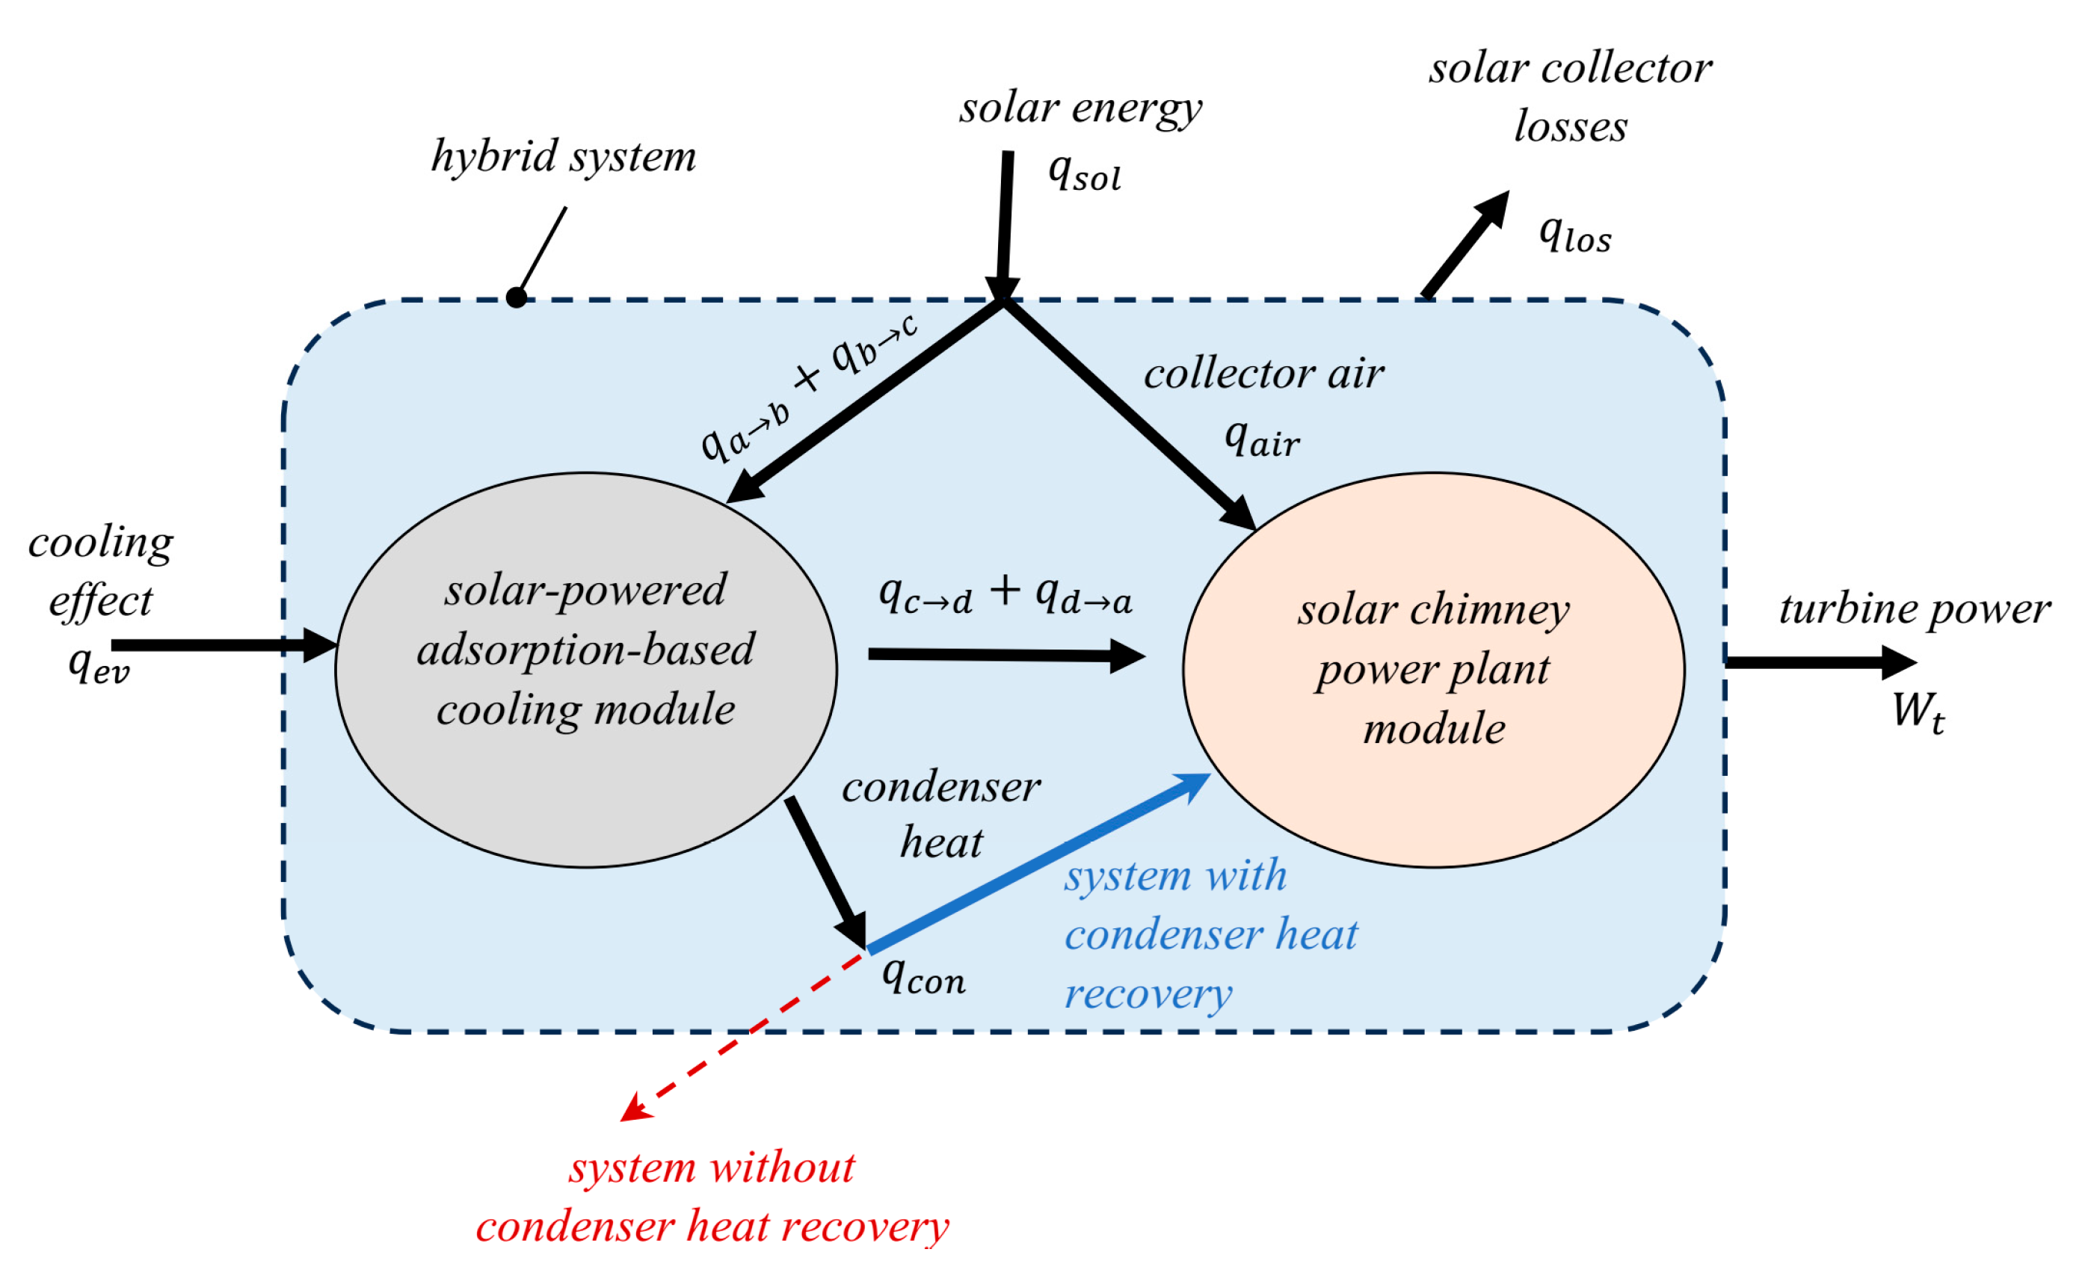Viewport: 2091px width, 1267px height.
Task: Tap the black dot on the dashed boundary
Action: coord(517,298)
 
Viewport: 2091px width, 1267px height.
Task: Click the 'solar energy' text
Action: coord(1080,109)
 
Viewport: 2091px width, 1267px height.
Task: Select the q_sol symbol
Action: coord(1084,173)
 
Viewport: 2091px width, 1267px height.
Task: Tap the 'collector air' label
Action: coord(1263,374)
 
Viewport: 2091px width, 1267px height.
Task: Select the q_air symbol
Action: coord(1261,440)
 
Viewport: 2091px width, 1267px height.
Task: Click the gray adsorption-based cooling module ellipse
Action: coord(585,764)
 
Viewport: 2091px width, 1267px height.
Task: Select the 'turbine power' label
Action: coord(1915,609)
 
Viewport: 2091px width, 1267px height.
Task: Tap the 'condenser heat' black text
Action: coord(940,815)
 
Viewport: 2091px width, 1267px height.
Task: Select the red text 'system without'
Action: coord(711,1168)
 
